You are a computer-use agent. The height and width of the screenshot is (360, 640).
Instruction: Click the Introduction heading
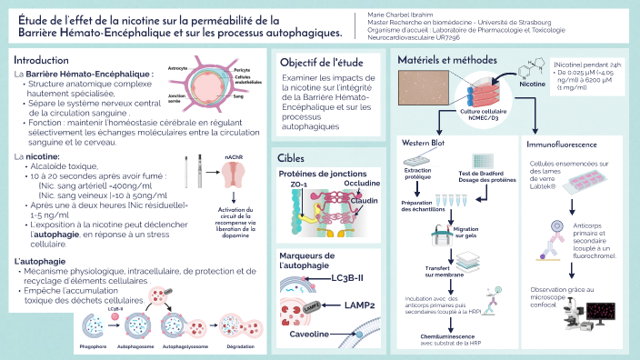point(42,58)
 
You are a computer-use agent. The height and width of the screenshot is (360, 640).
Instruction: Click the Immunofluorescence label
point(562,144)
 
